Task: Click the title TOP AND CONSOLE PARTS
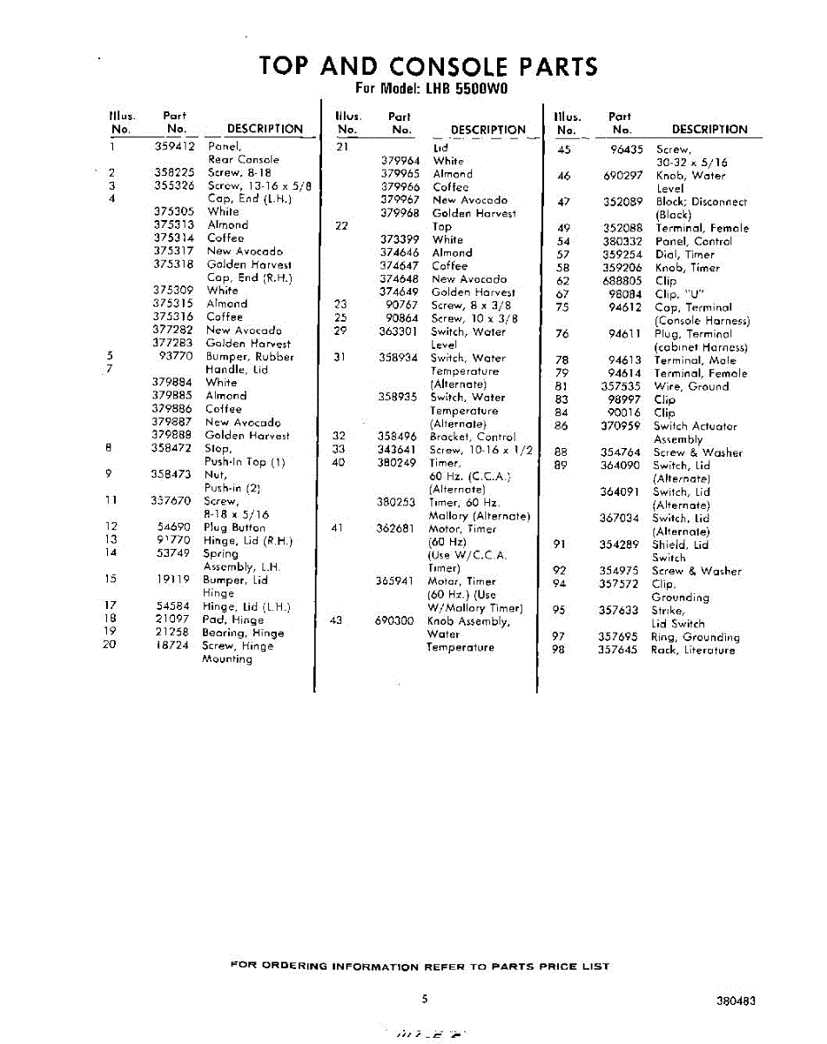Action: (428, 67)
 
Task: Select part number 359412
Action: (174, 146)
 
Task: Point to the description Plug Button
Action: (234, 527)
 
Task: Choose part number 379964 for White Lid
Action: (400, 161)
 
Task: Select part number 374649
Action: (400, 292)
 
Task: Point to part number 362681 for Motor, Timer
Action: (397, 528)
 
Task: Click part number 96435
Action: (626, 150)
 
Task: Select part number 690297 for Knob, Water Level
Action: (622, 176)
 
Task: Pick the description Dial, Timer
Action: (684, 255)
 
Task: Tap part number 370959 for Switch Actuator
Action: (621, 426)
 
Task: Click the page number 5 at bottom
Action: (424, 999)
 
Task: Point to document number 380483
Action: (736, 1001)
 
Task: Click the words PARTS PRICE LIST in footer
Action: (550, 966)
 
